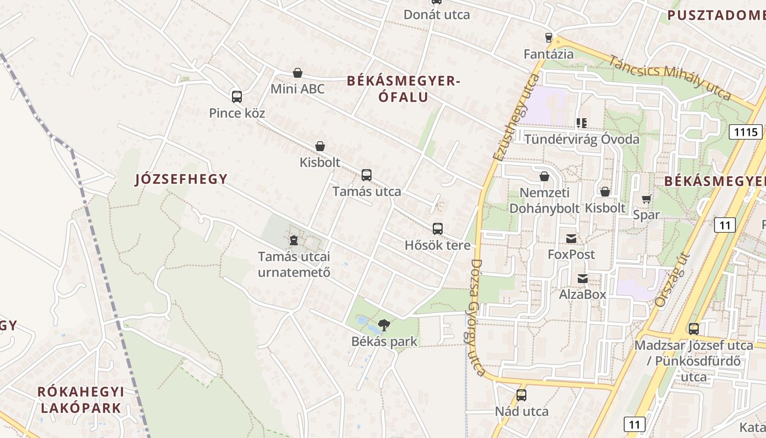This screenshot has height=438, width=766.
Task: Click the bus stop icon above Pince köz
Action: [x=237, y=97]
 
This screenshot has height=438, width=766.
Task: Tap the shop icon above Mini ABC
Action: [x=298, y=73]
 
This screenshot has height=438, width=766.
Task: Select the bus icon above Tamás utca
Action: [x=367, y=175]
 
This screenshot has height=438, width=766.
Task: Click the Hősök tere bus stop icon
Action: [x=438, y=229]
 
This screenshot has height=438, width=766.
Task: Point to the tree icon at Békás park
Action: [x=385, y=325]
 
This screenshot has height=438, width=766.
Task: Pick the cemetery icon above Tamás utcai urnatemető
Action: [x=294, y=240]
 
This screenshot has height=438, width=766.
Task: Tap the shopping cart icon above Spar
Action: [x=647, y=199]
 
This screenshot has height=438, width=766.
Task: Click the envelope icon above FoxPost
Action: [x=571, y=238]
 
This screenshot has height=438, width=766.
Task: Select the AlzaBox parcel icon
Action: [x=583, y=279]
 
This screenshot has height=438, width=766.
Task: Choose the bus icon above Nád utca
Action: [x=521, y=395]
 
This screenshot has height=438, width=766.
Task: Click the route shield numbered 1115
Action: [x=746, y=131]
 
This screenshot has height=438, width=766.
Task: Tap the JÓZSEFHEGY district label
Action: [x=181, y=179]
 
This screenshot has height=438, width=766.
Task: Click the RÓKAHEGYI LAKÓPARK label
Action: [x=81, y=400]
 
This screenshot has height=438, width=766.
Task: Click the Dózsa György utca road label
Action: [x=475, y=318]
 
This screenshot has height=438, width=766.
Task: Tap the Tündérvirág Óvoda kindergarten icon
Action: [x=581, y=123]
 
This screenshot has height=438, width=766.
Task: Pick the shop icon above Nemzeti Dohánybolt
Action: [x=544, y=176]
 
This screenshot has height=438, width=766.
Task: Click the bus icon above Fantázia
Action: [x=549, y=38]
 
